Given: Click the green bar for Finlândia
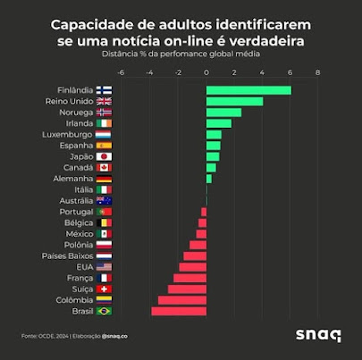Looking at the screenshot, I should pos(248,90).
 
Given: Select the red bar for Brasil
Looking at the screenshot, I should pos(179,311).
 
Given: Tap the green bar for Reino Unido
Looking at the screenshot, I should pos(234,101).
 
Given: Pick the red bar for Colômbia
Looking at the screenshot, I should pos(182,300).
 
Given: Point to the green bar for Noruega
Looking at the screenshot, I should pos(223,113).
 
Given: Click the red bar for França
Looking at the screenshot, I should pos(189,278).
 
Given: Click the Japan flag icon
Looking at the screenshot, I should pos(103,156).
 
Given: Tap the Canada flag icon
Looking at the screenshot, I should pos(103,167).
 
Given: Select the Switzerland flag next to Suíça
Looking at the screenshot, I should pos(103,289).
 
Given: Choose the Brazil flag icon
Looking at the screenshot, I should pos(103,311).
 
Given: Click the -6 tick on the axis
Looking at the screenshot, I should pos(121,73).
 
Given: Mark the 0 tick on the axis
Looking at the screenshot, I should pos(206,73).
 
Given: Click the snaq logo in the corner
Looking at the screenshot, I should pos(317,336).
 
